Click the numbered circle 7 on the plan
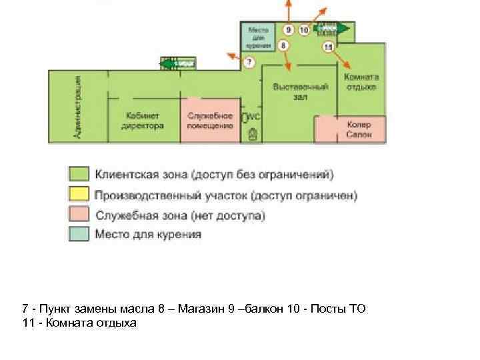248,63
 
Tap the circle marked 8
283,45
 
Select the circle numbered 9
288,30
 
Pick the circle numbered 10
304,30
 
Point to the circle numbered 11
328,47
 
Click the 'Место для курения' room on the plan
259,37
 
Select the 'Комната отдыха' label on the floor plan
361,81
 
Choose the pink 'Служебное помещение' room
210,121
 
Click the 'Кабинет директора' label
142,121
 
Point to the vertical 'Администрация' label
79,107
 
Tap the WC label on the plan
253,117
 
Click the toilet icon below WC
253,134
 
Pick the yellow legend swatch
79,195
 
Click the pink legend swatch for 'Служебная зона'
79,215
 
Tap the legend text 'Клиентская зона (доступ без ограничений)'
214,175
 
